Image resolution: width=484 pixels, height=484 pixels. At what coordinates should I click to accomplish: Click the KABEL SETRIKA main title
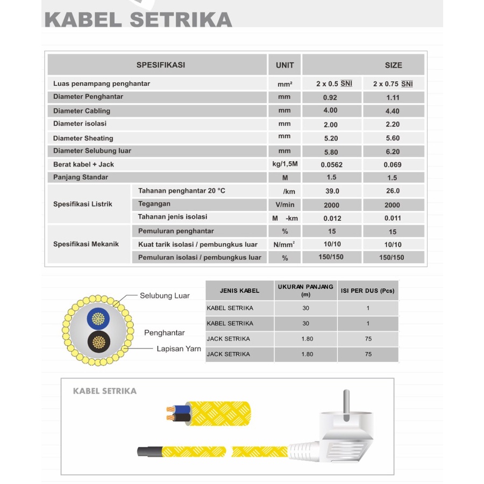coord(138,19)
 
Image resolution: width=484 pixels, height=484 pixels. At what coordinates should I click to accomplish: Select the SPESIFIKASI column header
coord(160,65)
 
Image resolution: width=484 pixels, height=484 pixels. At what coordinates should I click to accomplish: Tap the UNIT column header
coord(284,65)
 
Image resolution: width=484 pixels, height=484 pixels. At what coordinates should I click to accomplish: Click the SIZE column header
coord(393,65)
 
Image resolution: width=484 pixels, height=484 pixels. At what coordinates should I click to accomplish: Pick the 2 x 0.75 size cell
coord(393,84)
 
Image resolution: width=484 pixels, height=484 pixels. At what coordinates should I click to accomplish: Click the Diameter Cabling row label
coord(82,111)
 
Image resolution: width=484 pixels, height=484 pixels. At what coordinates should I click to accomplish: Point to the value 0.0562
coord(331,165)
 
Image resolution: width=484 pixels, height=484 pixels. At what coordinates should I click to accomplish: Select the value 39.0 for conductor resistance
coord(332,191)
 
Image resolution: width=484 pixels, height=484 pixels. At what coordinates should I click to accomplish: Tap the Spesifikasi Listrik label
coord(83,204)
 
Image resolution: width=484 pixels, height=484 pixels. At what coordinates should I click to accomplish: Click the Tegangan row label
coord(154,204)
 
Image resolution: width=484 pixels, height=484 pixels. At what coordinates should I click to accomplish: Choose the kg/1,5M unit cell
coord(284,164)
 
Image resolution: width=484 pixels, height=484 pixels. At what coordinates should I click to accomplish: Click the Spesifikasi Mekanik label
coord(86,244)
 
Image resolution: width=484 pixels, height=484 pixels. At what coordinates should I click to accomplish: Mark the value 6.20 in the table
coord(393,152)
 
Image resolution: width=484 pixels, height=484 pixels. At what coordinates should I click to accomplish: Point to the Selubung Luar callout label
coord(165,296)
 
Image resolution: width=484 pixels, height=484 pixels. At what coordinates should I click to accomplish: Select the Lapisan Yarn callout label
coord(179,348)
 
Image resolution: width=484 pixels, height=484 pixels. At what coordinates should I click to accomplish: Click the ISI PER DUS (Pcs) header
coord(367,290)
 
